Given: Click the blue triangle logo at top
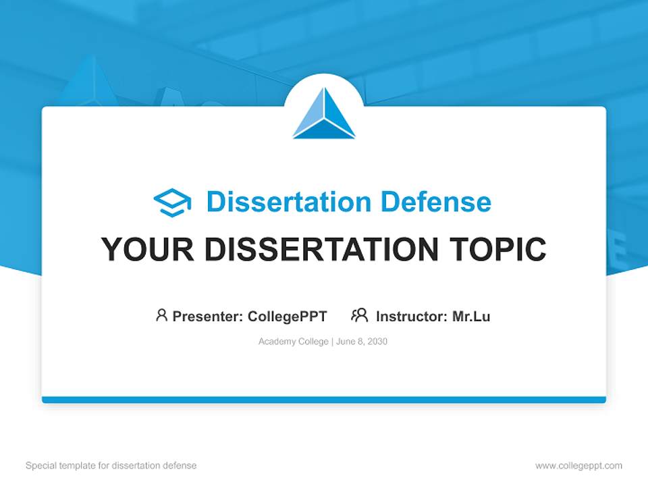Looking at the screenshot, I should [324, 115].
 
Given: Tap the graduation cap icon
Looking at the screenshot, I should [172, 202].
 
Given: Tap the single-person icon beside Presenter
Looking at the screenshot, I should [161, 315].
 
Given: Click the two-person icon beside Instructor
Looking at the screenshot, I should [359, 315].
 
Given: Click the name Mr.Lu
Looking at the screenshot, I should [471, 316].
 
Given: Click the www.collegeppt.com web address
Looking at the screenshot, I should [578, 466].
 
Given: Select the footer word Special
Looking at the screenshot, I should [41, 466].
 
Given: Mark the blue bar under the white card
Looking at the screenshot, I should [324, 400].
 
